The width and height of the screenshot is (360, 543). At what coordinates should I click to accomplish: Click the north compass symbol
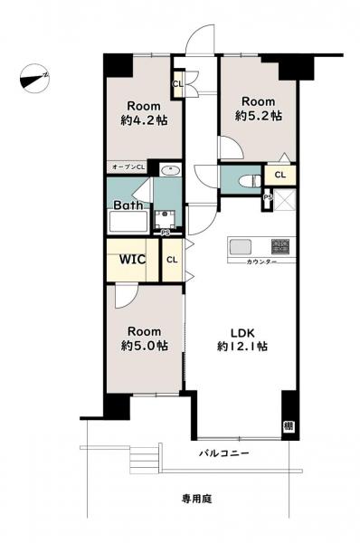(x=34, y=79)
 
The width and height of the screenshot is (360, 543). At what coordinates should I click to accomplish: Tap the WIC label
(x=133, y=259)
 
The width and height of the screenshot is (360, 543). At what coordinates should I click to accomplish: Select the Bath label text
(x=128, y=205)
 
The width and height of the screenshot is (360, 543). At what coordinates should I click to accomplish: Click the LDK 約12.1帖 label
(x=242, y=339)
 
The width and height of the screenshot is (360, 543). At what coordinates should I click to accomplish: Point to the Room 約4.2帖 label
(x=144, y=113)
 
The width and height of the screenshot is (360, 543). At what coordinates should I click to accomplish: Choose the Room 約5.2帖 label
(x=258, y=109)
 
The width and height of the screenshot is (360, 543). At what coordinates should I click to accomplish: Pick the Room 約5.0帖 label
(x=145, y=338)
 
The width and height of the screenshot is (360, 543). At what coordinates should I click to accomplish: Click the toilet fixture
(x=250, y=180)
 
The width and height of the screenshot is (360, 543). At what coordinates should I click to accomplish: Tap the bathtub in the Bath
(x=128, y=222)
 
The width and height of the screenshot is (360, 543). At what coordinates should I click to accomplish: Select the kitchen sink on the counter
(x=241, y=247)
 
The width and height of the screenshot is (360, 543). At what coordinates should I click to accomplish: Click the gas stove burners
(x=280, y=247)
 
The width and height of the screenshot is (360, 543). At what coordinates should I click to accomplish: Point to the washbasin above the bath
(x=170, y=170)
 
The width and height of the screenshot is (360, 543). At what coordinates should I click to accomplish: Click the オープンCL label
(x=128, y=167)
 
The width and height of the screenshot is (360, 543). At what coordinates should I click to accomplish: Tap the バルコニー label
(x=224, y=453)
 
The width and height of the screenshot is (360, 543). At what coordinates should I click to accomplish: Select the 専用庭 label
(x=196, y=499)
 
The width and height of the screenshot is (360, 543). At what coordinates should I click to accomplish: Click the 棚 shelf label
(x=289, y=425)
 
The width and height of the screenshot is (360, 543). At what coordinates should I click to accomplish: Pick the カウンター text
(x=261, y=262)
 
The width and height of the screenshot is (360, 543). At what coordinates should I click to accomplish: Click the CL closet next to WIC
(x=173, y=260)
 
